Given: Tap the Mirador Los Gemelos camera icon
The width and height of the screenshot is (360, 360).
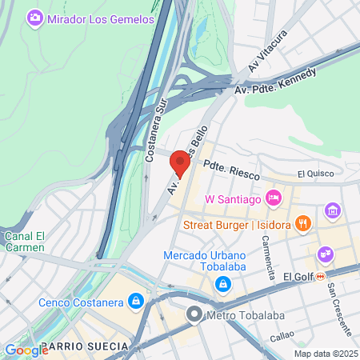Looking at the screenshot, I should pyautogui.click(x=34, y=17).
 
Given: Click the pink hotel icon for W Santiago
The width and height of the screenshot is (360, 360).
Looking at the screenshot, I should pyautogui.click(x=274, y=197).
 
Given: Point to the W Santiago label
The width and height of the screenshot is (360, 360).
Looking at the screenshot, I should pyautogui.click(x=234, y=198).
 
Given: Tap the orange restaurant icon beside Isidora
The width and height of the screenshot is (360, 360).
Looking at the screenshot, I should pyautogui.click(x=302, y=223).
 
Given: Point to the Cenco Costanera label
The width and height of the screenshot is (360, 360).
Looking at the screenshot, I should pyautogui.click(x=81, y=302).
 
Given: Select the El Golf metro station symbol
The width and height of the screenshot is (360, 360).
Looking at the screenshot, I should pyautogui.click(x=320, y=276).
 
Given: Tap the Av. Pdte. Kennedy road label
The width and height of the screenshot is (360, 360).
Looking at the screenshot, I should pyautogui.click(x=275, y=82).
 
